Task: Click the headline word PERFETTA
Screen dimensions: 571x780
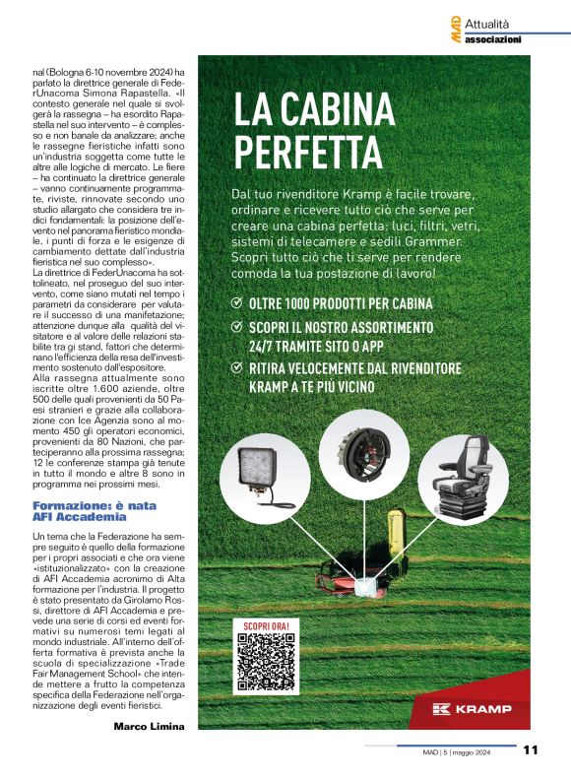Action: (x=307, y=153)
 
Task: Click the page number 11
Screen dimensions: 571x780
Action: (x=531, y=750)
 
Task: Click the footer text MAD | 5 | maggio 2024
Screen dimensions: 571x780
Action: (x=462, y=751)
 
